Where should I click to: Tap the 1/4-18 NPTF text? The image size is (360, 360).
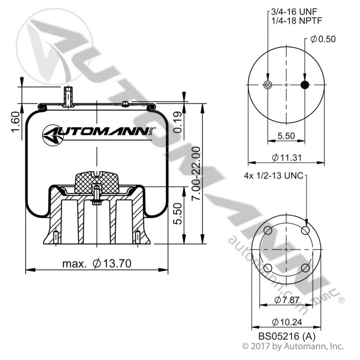click(x=297, y=21)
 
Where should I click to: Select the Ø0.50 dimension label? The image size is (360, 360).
click(x=323, y=39)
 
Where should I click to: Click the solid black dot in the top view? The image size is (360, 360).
click(x=305, y=85)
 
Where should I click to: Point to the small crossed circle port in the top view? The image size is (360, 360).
click(x=267, y=85)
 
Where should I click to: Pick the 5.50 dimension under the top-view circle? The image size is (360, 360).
click(x=286, y=136)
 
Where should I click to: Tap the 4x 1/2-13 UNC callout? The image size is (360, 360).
click(x=274, y=176)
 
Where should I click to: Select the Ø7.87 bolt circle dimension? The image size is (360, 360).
click(x=287, y=300)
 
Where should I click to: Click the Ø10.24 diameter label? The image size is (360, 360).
click(x=287, y=322)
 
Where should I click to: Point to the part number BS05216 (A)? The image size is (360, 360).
click(x=287, y=336)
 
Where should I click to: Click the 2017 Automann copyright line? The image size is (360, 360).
click(x=293, y=346)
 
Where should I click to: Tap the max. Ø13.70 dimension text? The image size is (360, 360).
click(x=97, y=263)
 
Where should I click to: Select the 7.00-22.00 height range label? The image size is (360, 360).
click(x=196, y=174)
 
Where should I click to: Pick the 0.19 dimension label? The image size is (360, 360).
click(x=177, y=122)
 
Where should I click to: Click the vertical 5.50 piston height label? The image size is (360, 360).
click(x=177, y=214)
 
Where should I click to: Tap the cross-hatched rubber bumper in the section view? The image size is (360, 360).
click(x=97, y=183)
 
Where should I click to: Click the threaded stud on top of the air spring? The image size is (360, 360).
click(x=68, y=96)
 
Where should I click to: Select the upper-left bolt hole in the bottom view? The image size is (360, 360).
click(x=268, y=230)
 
